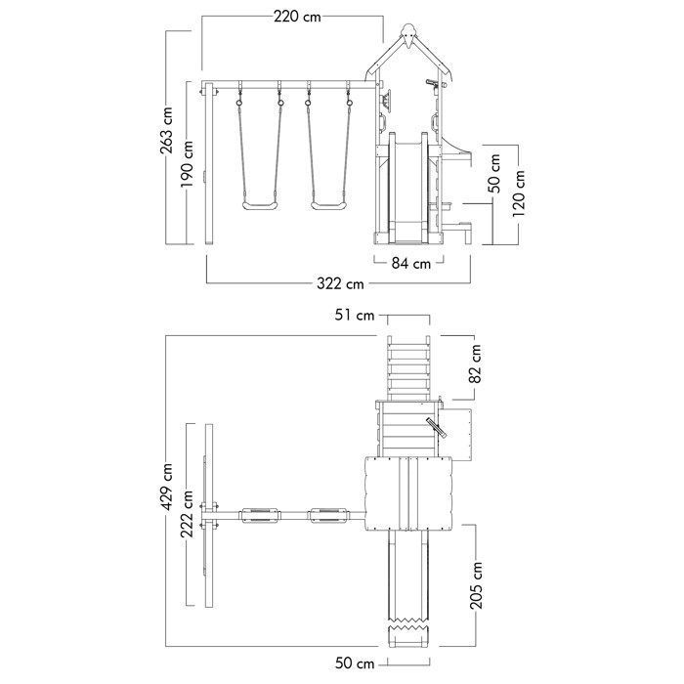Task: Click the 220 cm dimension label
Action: (297, 17)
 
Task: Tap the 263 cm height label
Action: (166, 130)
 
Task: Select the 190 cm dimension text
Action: (188, 163)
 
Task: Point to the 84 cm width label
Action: (411, 264)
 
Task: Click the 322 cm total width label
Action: (340, 284)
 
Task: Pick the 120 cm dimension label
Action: (518, 193)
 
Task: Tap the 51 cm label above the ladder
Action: (355, 315)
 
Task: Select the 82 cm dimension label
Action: (475, 363)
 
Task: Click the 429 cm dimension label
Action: (166, 487)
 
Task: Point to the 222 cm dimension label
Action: (188, 514)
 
